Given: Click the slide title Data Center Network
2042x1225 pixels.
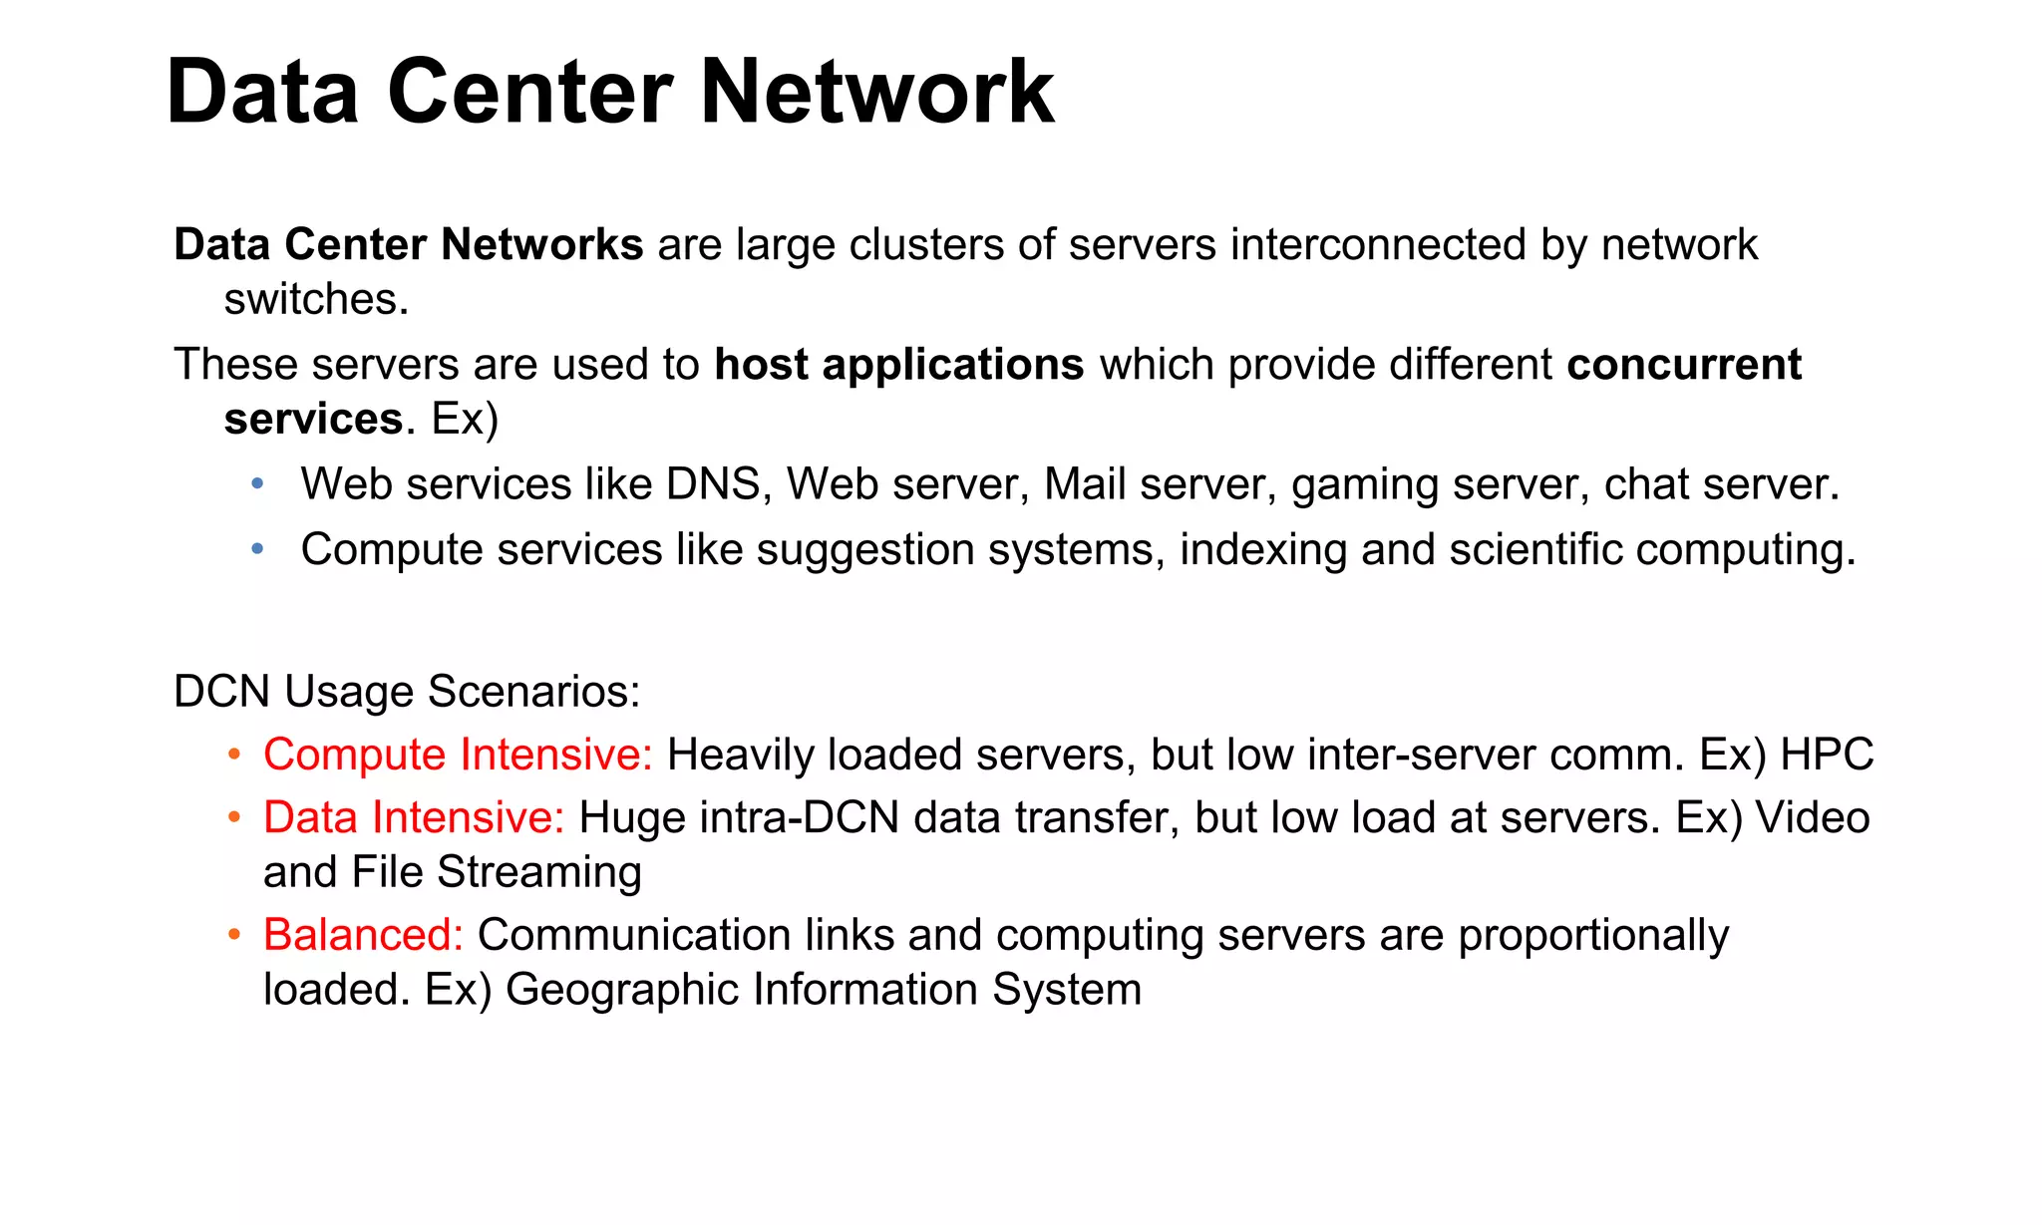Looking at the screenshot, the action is [609, 92].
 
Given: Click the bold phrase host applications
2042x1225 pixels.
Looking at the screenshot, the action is [898, 365].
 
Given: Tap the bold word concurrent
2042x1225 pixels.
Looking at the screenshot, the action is [1683, 365].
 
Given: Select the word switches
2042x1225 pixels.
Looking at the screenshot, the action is [316, 299].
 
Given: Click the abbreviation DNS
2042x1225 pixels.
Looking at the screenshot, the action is [713, 484].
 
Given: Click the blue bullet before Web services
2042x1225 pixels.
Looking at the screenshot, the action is [258, 484].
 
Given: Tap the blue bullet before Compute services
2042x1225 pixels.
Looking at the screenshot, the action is [258, 549].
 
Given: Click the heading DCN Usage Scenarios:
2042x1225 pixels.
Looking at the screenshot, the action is [407, 692].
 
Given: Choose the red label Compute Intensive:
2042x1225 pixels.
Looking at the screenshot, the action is [458, 756].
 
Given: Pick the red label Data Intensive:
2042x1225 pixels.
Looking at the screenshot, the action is [414, 818].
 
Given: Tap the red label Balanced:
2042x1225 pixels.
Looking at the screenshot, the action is [363, 936].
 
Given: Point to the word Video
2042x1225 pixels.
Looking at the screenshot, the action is [1812, 818].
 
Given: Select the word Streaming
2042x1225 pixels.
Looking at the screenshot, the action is [539, 873].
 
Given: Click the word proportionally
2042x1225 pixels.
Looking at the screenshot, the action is [1592, 937].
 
